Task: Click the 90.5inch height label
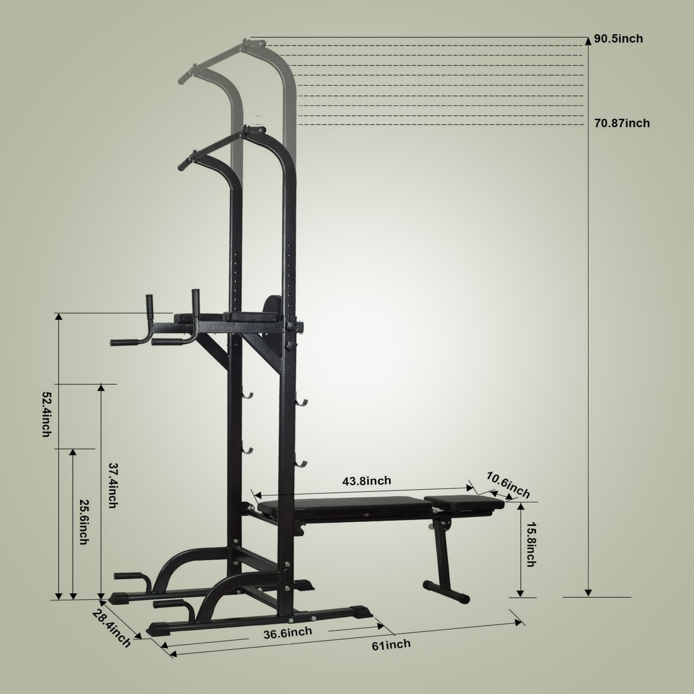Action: (618, 39)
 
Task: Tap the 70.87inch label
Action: (622, 123)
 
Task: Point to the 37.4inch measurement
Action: (112, 485)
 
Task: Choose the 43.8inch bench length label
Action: (367, 481)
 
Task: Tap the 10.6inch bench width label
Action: (508, 485)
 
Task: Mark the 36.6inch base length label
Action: (288, 632)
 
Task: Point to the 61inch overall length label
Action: (391, 645)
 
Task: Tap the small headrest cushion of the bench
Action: (464, 502)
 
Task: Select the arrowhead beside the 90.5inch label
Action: (588, 41)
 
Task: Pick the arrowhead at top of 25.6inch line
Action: (73, 452)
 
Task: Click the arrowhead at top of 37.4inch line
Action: (101, 387)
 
